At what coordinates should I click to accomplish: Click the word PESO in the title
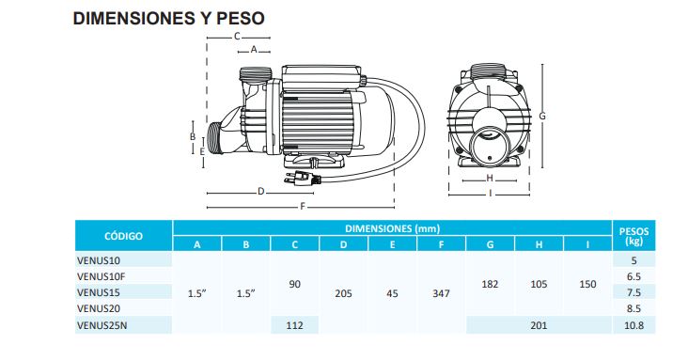(241, 19)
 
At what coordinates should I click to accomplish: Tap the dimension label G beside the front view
(542, 117)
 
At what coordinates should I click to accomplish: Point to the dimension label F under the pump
(303, 207)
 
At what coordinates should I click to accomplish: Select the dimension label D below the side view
(261, 192)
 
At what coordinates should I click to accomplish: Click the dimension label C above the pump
(237, 37)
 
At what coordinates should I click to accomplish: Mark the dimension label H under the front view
(490, 179)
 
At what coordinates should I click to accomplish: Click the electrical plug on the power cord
(302, 178)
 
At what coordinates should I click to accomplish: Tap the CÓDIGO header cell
(123, 236)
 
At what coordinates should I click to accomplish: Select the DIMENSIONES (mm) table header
(392, 228)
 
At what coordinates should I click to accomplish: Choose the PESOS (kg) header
(633, 236)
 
